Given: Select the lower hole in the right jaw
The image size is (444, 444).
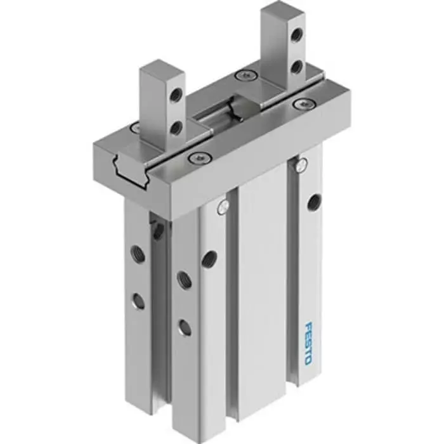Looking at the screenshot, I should [x=296, y=66].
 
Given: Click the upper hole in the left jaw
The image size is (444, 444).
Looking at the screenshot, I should [x=176, y=95].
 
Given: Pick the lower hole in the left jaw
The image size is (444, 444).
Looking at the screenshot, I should [x=176, y=127].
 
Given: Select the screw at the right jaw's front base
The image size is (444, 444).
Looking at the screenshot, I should [x=303, y=103].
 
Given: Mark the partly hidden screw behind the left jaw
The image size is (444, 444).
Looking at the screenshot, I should [x=135, y=128].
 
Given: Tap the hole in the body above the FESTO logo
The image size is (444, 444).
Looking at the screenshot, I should [x=312, y=202].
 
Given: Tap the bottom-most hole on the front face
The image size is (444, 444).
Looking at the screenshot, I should [x=184, y=327].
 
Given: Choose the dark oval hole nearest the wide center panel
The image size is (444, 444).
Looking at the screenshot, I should [x=208, y=258].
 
